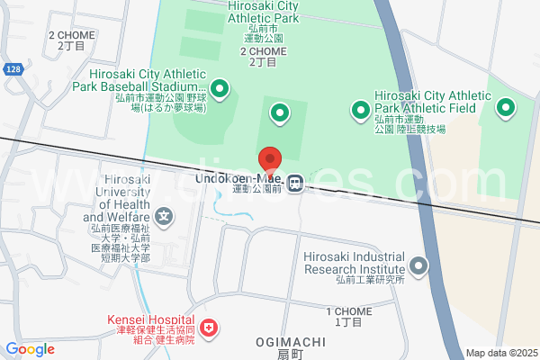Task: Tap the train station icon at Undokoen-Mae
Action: [295, 183]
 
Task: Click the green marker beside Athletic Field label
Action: [360, 111]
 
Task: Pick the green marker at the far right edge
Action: [506, 110]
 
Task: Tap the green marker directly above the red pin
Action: [280, 113]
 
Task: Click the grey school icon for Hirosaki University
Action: [164, 216]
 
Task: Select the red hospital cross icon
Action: [209, 328]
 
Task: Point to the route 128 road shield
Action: [12, 68]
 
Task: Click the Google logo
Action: [30, 349]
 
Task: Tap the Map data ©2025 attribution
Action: [501, 353]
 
